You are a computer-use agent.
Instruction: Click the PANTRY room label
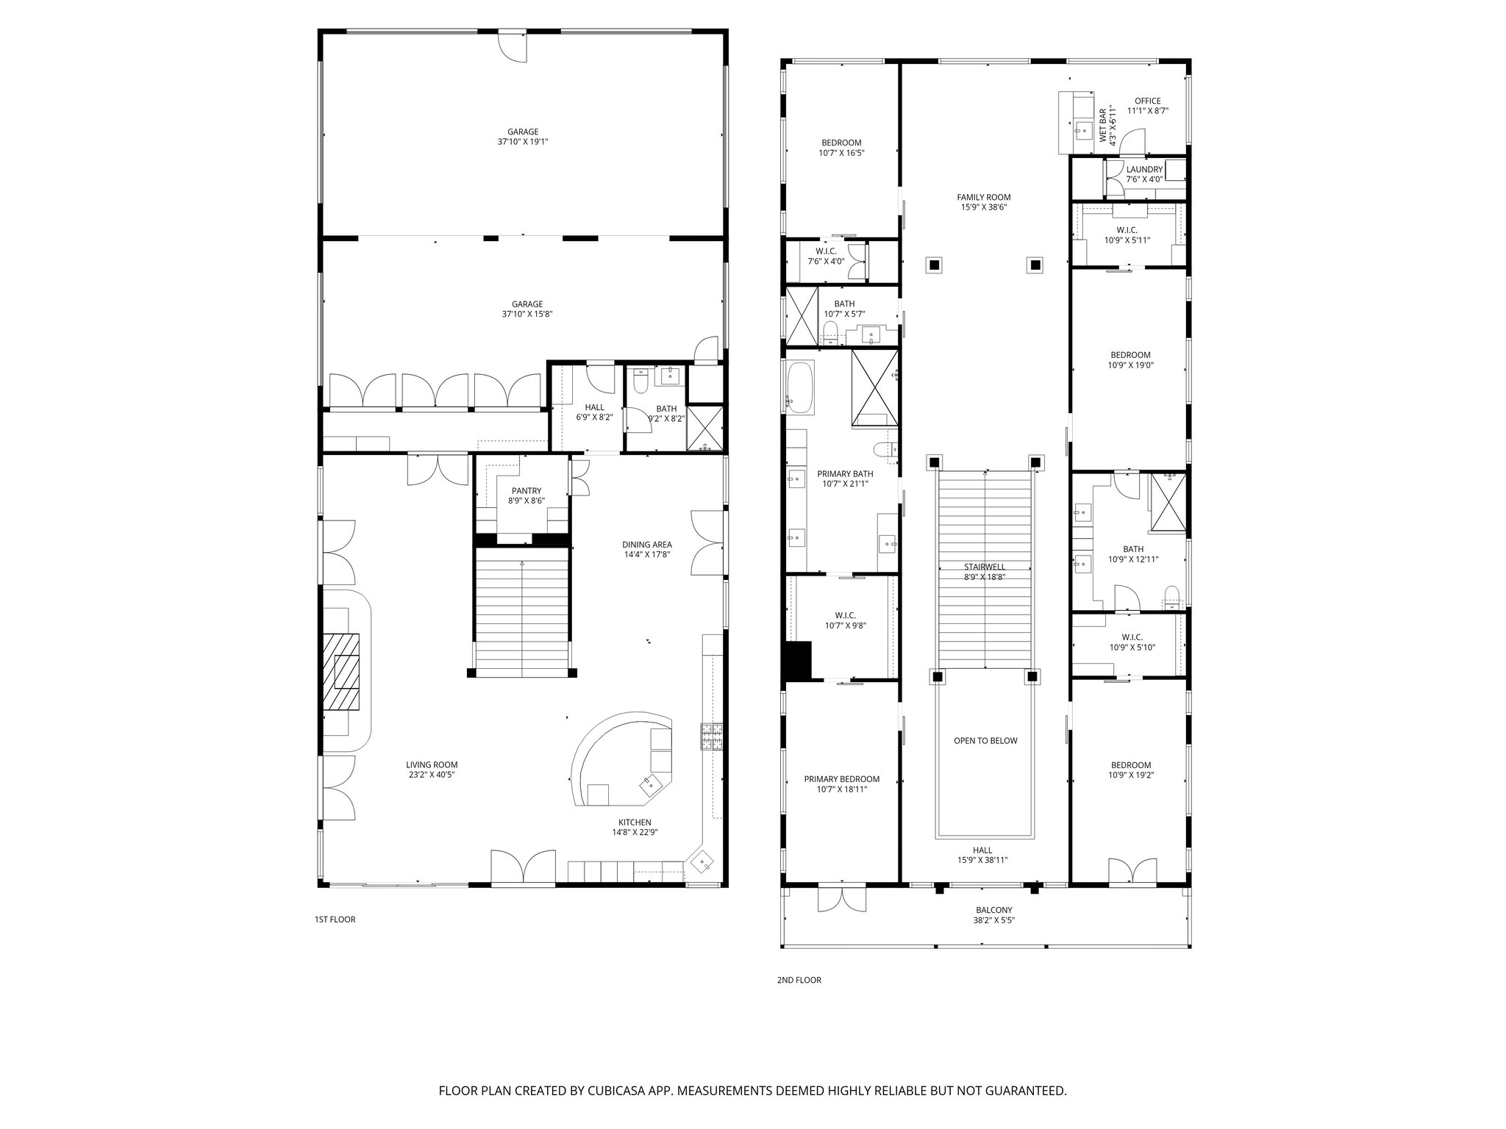526,491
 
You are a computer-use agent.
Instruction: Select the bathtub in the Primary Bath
800,387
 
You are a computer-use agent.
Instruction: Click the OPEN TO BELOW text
985,740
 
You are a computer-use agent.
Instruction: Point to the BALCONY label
994,910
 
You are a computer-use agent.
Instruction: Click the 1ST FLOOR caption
335,920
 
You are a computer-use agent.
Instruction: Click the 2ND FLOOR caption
799,980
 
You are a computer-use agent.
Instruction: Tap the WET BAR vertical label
1103,126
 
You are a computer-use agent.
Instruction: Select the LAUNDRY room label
1144,170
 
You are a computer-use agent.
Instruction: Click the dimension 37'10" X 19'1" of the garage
523,142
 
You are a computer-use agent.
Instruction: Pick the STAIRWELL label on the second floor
985,567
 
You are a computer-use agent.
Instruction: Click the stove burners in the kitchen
712,736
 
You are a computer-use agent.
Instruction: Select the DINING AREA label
646,545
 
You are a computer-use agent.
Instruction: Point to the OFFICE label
1147,101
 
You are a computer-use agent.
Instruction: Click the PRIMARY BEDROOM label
841,779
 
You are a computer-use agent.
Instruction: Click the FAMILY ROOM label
983,197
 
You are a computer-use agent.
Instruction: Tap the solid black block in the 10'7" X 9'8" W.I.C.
797,659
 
